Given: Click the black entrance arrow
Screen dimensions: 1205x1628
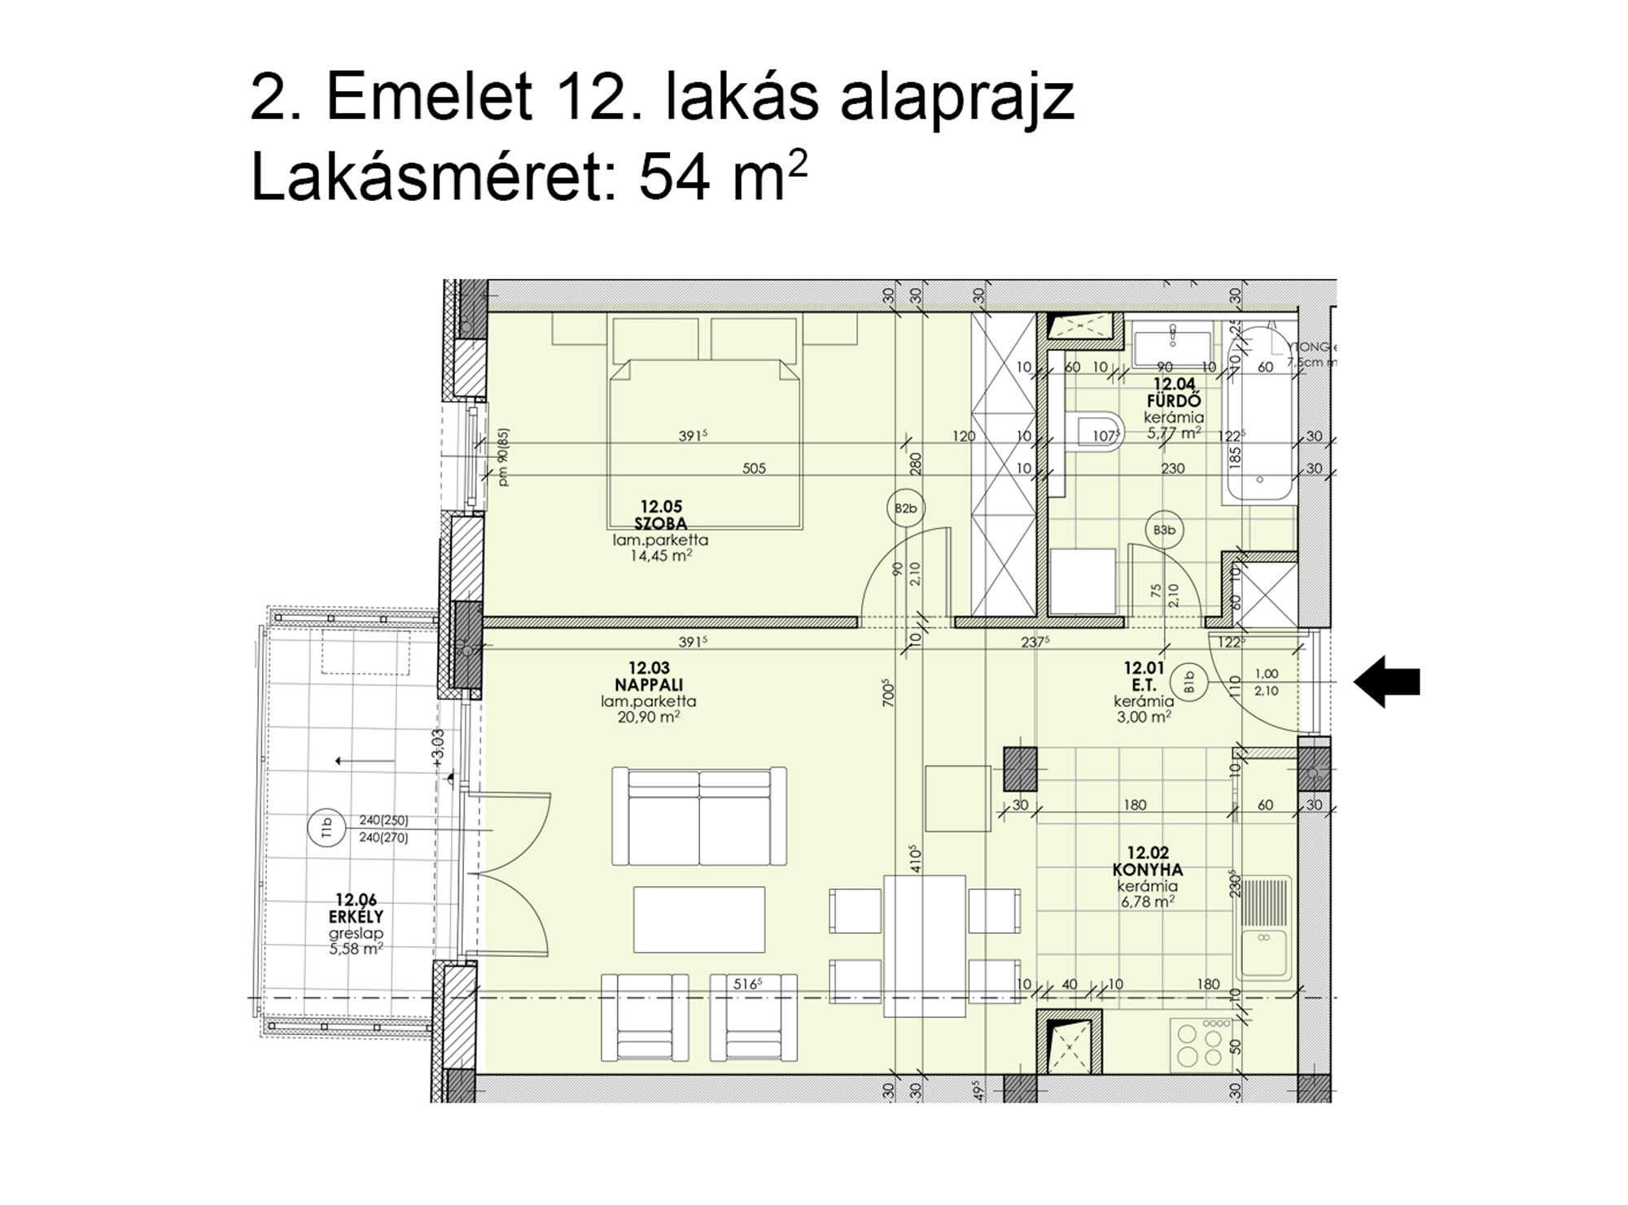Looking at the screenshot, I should click(1387, 682).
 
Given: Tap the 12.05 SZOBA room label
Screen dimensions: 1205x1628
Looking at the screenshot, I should click(660, 516).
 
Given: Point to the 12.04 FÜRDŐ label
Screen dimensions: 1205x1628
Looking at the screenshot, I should click(1173, 392).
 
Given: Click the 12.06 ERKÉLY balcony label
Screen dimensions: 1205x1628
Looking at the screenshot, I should click(356, 908).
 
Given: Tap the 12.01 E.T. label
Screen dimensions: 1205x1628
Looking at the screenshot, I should click(1144, 677).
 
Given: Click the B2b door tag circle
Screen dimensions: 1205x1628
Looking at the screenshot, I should click(905, 509).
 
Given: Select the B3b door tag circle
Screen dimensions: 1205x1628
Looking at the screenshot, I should click(1164, 530).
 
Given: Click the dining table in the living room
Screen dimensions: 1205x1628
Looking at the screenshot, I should click(924, 945).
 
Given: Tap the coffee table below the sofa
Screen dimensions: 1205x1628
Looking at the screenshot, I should click(698, 919).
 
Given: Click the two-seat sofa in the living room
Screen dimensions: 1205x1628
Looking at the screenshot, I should click(699, 817).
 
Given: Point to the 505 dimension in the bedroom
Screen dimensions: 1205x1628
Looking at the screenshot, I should click(754, 469).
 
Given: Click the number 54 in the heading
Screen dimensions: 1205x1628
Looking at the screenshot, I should click(672, 178).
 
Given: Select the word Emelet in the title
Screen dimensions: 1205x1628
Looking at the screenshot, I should click(429, 98).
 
